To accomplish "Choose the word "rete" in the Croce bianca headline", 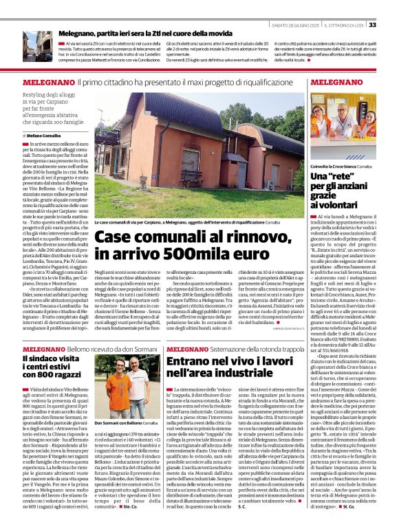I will click(343, 177).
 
